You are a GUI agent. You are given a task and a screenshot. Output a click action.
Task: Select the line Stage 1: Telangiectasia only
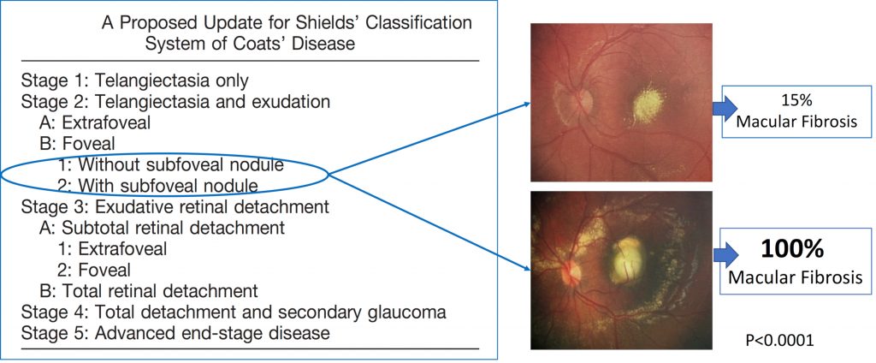click(134, 81)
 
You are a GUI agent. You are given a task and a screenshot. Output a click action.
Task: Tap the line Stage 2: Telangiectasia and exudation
click(175, 103)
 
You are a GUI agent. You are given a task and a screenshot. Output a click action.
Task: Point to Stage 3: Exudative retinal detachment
click(175, 206)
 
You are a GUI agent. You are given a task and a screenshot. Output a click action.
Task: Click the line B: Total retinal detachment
click(149, 291)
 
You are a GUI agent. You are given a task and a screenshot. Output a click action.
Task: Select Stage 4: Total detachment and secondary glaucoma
click(233, 312)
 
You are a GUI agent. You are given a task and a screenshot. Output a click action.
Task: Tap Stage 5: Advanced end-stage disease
click(175, 333)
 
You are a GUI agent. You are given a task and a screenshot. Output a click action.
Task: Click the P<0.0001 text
click(779, 340)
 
